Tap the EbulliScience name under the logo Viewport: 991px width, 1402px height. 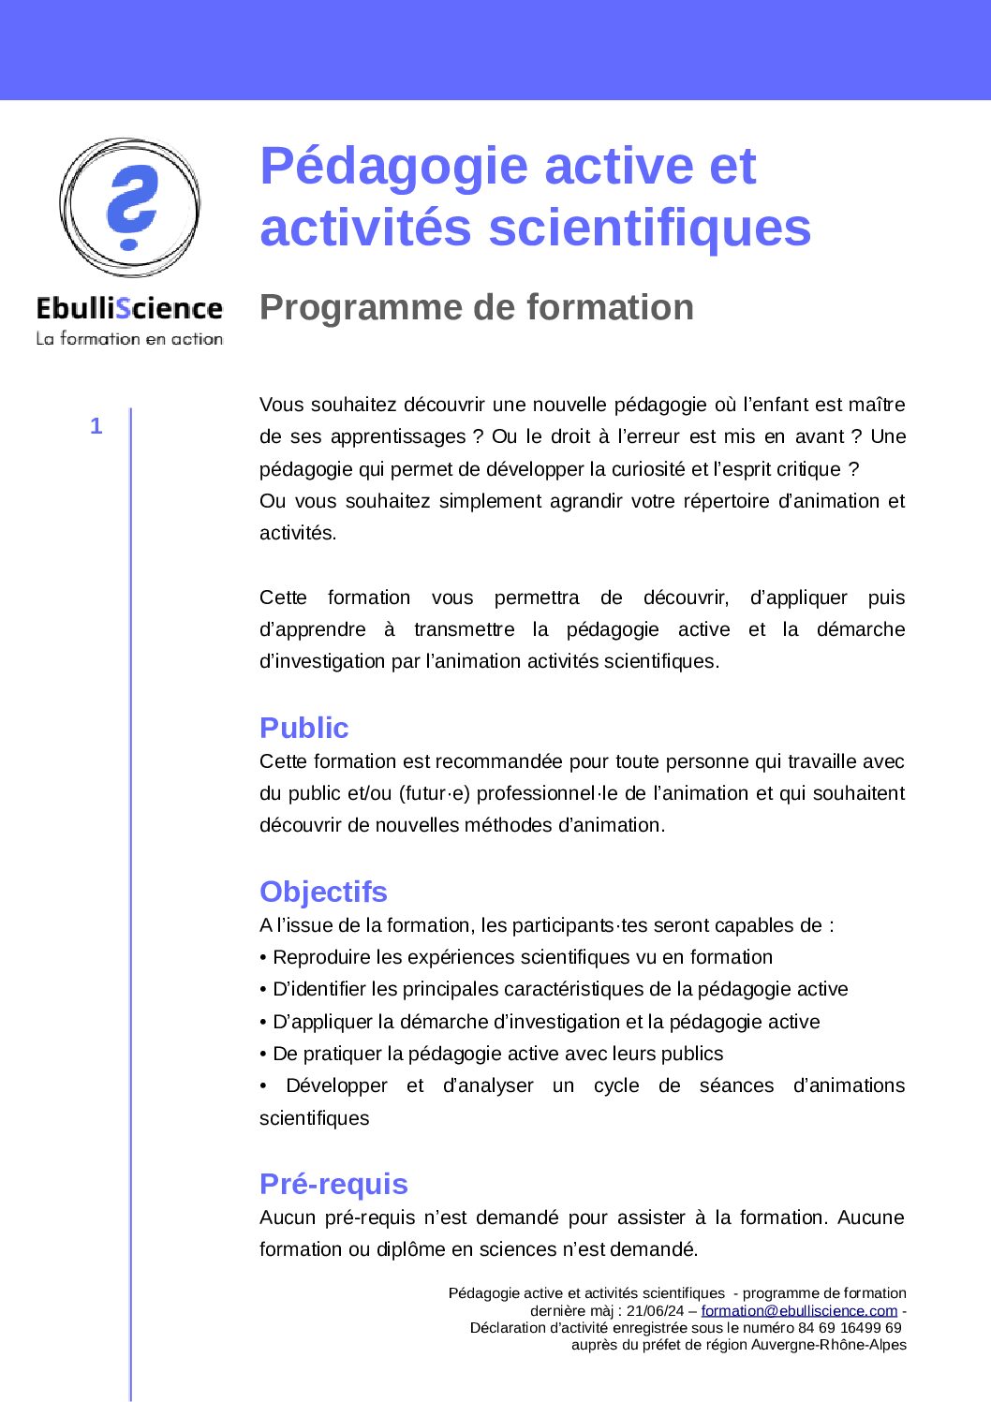tap(129, 308)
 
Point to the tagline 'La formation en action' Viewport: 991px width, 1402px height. tap(129, 338)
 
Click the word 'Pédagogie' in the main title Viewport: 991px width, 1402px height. tap(394, 167)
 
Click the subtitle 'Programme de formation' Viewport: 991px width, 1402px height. tap(476, 307)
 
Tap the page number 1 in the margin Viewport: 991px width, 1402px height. tap(96, 427)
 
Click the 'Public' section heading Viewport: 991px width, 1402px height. tap(303, 728)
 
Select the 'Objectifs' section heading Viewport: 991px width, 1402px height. tap(323, 892)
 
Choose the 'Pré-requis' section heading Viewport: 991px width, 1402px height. tap(333, 1184)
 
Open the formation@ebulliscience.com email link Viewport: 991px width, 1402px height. tap(799, 1310)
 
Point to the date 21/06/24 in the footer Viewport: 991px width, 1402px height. tap(656, 1310)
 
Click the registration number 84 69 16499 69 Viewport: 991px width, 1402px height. tap(850, 1327)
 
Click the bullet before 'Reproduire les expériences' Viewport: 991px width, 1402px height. tap(263, 957)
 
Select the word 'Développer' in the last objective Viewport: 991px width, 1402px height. tap(336, 1085)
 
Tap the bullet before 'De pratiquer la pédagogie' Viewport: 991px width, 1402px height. tap(263, 1054)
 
